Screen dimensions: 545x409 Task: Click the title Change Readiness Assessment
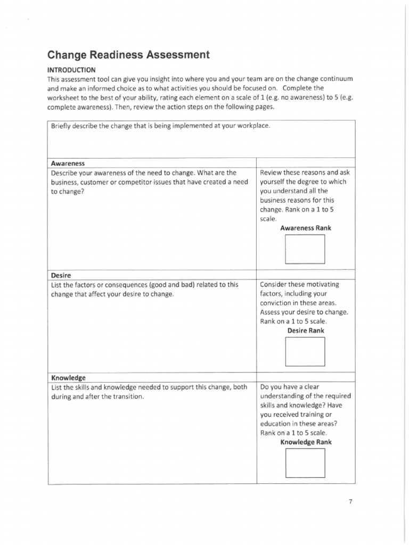click(x=128, y=55)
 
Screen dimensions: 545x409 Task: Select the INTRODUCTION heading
click(x=71, y=69)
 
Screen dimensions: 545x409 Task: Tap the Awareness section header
click(x=68, y=163)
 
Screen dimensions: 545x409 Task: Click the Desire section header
click(x=61, y=275)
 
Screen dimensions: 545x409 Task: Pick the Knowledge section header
click(x=68, y=377)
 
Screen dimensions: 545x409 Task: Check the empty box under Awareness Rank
click(x=305, y=249)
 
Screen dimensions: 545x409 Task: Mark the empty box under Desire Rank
click(x=305, y=351)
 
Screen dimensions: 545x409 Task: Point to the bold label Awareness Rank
click(x=305, y=228)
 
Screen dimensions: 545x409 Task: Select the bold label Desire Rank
click(x=305, y=331)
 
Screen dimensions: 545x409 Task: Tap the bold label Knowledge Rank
click(x=306, y=442)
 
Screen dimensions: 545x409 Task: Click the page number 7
click(x=351, y=501)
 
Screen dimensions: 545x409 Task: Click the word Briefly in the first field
click(x=62, y=126)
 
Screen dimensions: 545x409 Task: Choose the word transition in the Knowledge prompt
click(x=126, y=397)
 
